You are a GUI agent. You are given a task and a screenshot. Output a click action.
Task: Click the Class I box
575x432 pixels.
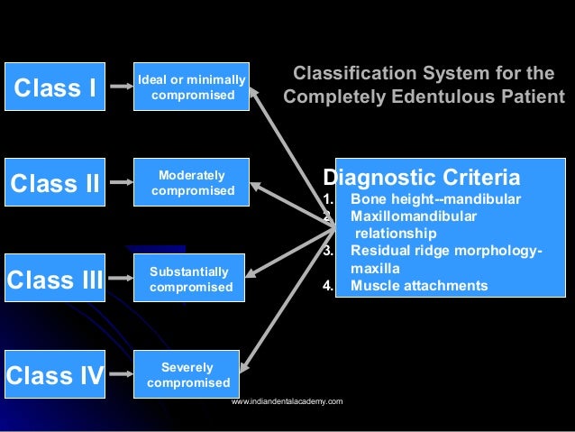coord(54,87)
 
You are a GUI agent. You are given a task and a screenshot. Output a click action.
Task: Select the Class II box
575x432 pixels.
coord(54,183)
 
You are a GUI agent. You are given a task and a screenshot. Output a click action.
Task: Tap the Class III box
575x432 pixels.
coord(54,280)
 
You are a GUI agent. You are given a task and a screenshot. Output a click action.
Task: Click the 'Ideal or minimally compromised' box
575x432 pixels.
coord(190,87)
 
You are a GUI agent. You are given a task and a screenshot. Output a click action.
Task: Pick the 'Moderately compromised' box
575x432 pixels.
coord(191,183)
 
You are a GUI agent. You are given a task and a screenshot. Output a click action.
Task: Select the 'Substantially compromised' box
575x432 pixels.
coord(190,280)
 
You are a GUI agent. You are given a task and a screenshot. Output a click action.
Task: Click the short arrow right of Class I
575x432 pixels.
coord(120,87)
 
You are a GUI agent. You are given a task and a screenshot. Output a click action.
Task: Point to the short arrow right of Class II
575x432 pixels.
coord(120,184)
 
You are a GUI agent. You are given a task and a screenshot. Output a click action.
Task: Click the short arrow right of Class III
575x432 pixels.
coord(120,280)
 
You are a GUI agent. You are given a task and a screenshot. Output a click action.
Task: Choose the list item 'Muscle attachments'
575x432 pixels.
coord(419,286)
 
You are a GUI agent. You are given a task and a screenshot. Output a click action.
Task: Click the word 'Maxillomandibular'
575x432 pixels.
coord(414,216)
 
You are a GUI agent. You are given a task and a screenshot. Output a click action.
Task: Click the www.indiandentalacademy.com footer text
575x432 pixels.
coord(287,400)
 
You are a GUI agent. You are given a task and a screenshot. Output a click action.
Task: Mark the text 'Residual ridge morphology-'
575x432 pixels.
coord(446,252)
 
